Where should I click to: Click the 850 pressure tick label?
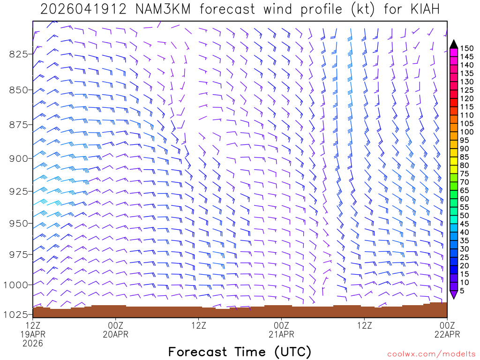point(18,90)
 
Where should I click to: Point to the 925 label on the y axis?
point(18,191)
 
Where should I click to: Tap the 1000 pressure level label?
point(16,285)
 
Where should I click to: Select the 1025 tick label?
point(16,315)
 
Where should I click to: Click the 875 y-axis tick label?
point(18,125)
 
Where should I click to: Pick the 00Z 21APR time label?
point(281,330)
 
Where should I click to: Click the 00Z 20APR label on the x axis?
point(115,330)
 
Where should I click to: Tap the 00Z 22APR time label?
point(447,330)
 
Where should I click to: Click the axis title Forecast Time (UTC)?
point(240,352)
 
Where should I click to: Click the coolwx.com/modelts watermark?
point(431,354)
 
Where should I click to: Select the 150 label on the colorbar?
point(467,48)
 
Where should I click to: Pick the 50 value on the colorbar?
point(465,215)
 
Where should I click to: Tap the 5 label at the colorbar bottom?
point(463,291)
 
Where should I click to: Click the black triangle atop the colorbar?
point(454,44)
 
